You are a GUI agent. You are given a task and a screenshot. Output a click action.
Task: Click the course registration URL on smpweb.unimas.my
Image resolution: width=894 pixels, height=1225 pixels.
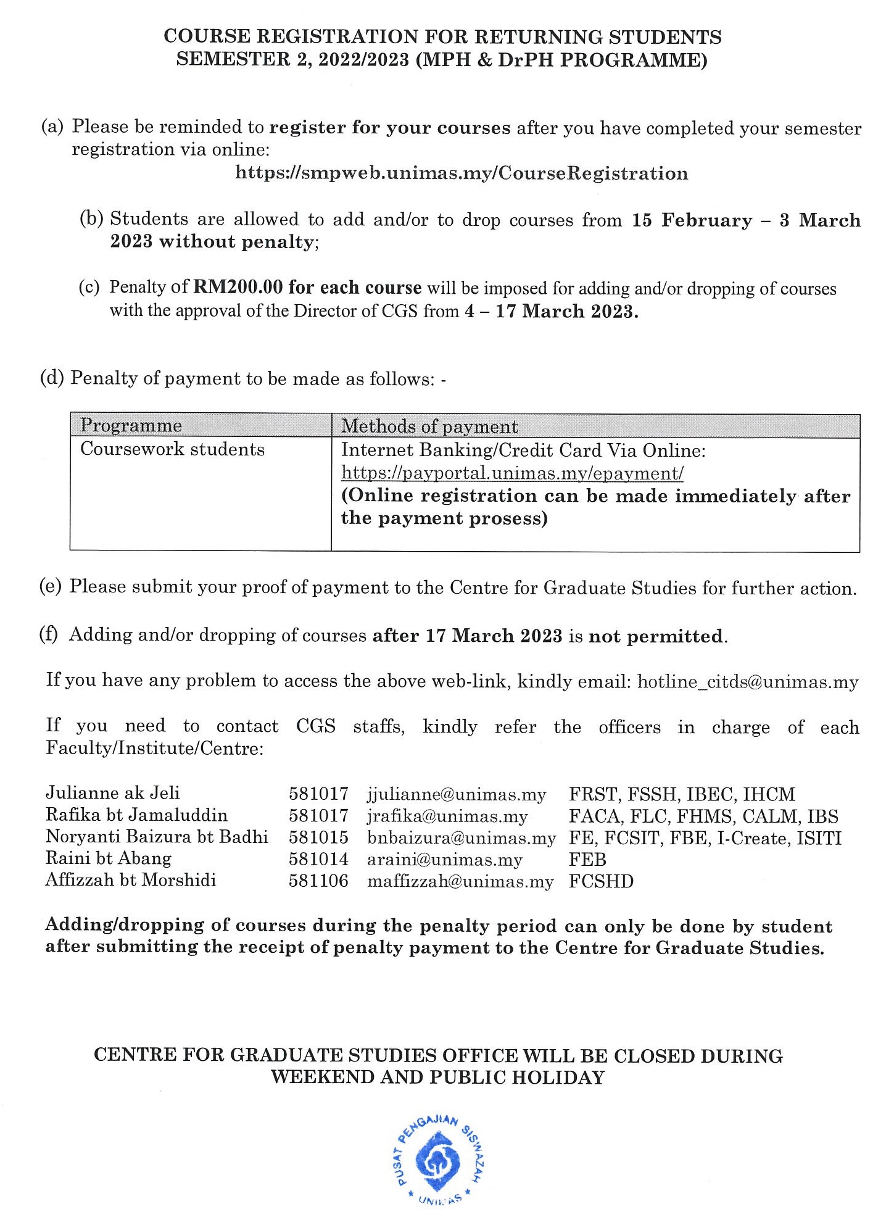tap(461, 173)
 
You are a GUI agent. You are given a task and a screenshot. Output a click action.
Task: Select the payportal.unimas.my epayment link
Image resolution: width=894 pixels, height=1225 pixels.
tap(512, 473)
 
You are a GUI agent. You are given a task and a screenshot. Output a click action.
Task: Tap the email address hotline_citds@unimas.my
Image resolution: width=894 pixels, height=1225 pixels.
tap(748, 682)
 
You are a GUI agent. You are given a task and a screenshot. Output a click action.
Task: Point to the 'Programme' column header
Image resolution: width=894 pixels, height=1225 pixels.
tap(131, 426)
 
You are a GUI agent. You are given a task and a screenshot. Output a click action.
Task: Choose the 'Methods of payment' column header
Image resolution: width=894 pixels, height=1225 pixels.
tap(429, 426)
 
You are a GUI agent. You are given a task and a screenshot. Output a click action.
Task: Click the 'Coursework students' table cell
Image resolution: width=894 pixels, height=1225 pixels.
tap(172, 449)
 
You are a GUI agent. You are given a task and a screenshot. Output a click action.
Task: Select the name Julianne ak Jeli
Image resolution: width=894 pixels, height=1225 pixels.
tap(113, 793)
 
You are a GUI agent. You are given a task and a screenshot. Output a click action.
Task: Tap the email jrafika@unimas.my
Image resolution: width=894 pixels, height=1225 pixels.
tap(447, 816)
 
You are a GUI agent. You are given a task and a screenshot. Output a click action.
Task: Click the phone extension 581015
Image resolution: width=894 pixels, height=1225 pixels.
tap(318, 837)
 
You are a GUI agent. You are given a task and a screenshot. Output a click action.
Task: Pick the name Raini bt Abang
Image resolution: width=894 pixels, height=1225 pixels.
tap(109, 859)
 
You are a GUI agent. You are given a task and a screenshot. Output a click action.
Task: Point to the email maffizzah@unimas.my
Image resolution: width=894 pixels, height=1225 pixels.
tap(460, 881)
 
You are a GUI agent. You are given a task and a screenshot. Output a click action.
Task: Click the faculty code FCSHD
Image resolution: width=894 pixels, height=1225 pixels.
tap(601, 881)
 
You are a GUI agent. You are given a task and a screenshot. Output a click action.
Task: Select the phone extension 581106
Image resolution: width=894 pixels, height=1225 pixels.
tap(318, 881)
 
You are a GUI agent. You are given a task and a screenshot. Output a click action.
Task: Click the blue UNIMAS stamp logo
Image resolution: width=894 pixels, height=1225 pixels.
tap(439, 1161)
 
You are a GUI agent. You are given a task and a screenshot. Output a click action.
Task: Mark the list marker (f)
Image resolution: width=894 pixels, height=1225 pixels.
tap(49, 635)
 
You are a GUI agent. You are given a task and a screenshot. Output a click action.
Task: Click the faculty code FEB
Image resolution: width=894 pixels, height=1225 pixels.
tap(587, 859)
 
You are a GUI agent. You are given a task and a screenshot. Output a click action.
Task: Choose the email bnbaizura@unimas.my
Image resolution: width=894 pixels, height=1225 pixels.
tap(461, 837)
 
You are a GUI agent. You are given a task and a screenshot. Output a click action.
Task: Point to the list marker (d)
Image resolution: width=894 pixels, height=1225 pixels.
tap(52, 378)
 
